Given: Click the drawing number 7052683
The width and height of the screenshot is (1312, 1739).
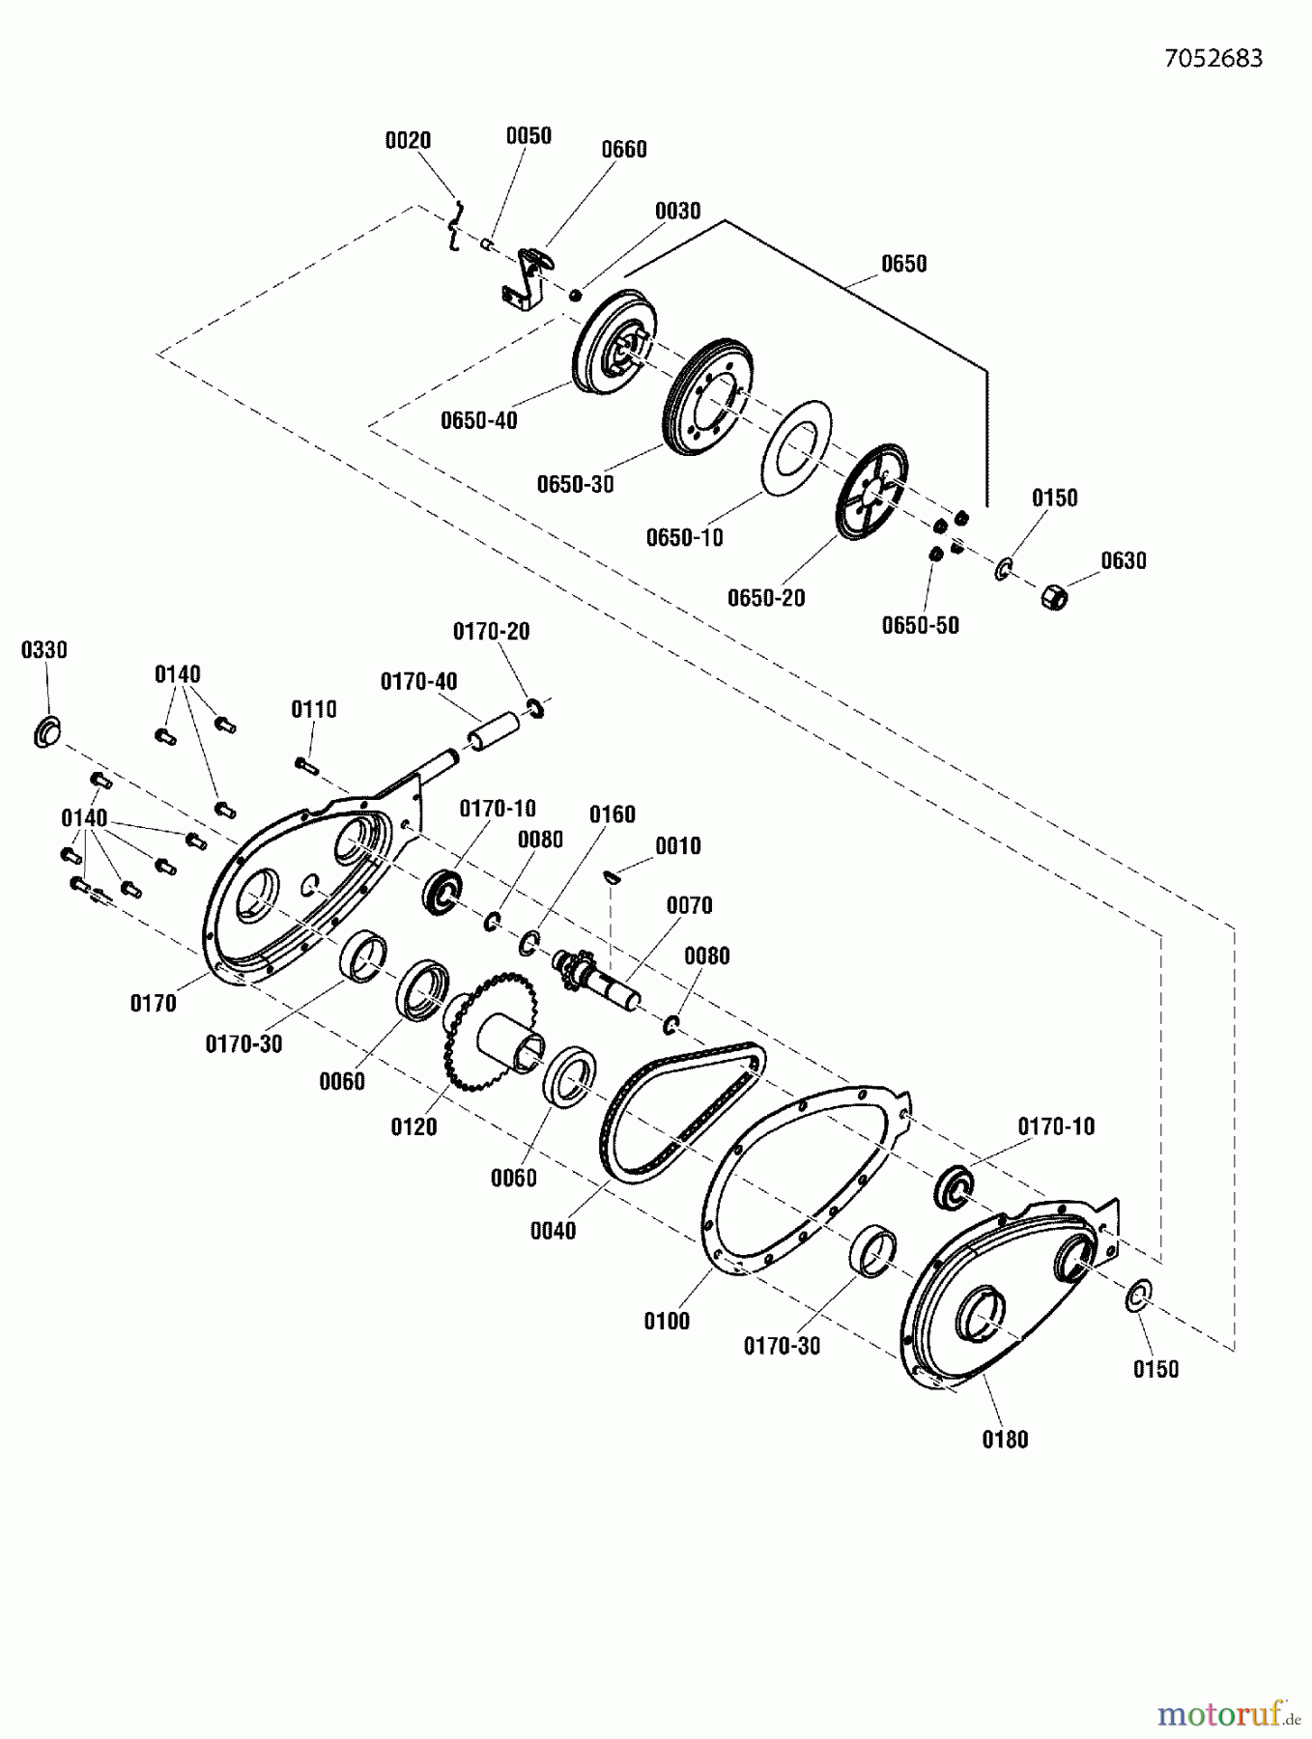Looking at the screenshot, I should [x=1212, y=58].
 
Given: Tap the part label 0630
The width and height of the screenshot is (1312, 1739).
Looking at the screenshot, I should [x=1123, y=560].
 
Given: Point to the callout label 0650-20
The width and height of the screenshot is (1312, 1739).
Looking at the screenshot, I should [x=765, y=598].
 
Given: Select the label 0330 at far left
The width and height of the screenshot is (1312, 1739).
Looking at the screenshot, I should [x=43, y=650].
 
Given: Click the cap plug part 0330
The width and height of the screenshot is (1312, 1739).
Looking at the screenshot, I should [x=46, y=731].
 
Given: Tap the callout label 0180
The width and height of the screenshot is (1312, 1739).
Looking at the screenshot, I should [x=1005, y=1440].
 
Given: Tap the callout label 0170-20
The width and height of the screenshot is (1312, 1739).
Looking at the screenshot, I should [x=491, y=631].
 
